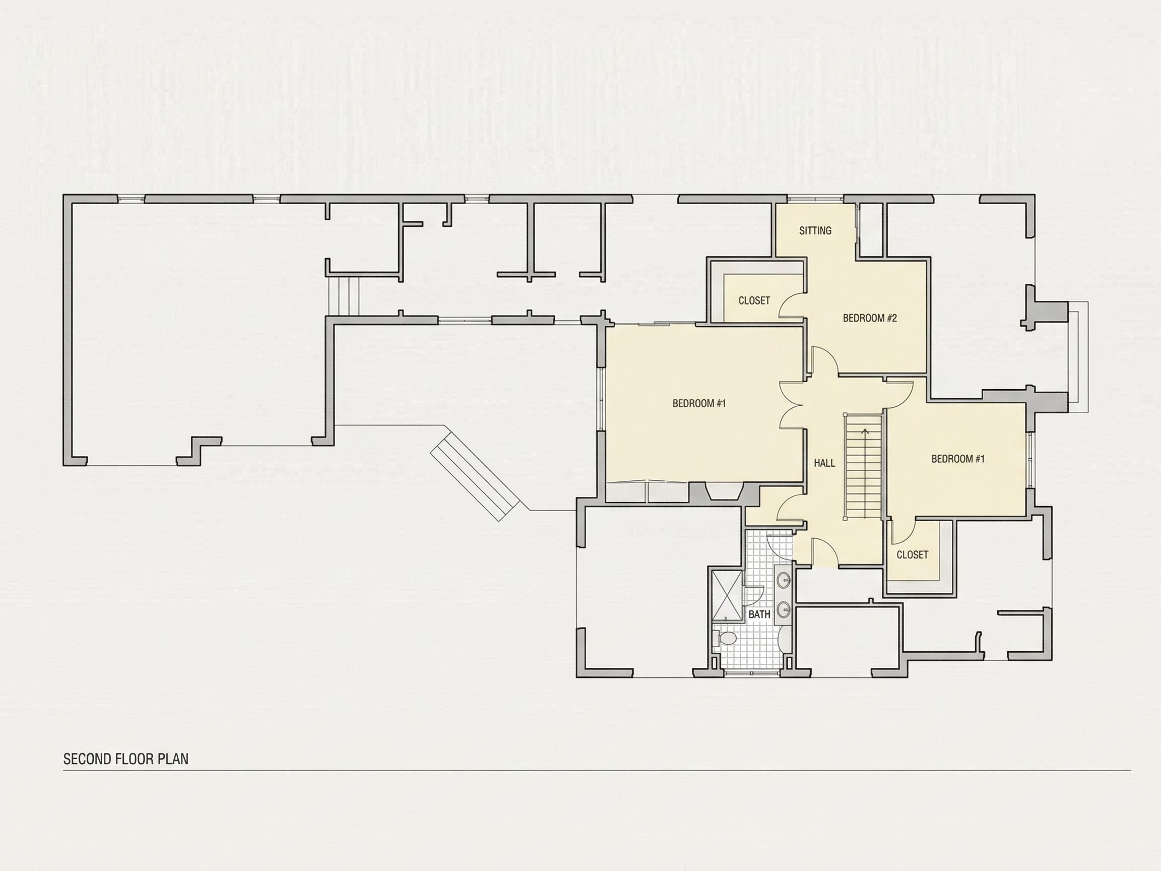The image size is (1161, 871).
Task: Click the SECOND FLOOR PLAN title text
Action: [x=125, y=759]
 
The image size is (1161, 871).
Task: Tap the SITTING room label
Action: [x=815, y=230]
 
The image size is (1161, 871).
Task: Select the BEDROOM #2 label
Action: [x=870, y=318]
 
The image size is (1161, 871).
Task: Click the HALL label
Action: [x=824, y=463]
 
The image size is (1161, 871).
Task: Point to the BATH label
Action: [x=759, y=614]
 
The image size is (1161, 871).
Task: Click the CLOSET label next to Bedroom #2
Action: [x=754, y=301]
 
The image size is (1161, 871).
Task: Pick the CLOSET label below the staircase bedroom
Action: [x=912, y=555]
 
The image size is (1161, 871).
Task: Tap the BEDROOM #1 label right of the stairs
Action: [x=958, y=459]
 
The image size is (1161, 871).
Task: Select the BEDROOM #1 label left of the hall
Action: [x=699, y=403]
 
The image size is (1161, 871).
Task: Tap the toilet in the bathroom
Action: [x=726, y=639]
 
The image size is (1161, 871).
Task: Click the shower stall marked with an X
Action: [x=727, y=595]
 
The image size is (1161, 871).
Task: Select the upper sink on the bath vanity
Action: [x=784, y=580]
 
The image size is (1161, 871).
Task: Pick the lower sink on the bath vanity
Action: [x=784, y=609]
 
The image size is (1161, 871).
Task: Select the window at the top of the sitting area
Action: [x=815, y=199]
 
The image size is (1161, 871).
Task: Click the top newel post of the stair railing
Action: [x=845, y=415]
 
